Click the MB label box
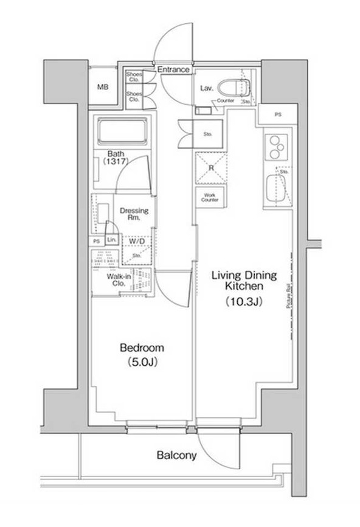(103, 86)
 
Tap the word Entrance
(173, 71)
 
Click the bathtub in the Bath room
(123, 131)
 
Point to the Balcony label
(176, 455)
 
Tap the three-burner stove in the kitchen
(275, 147)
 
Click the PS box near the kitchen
(278, 114)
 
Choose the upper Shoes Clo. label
(134, 77)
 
